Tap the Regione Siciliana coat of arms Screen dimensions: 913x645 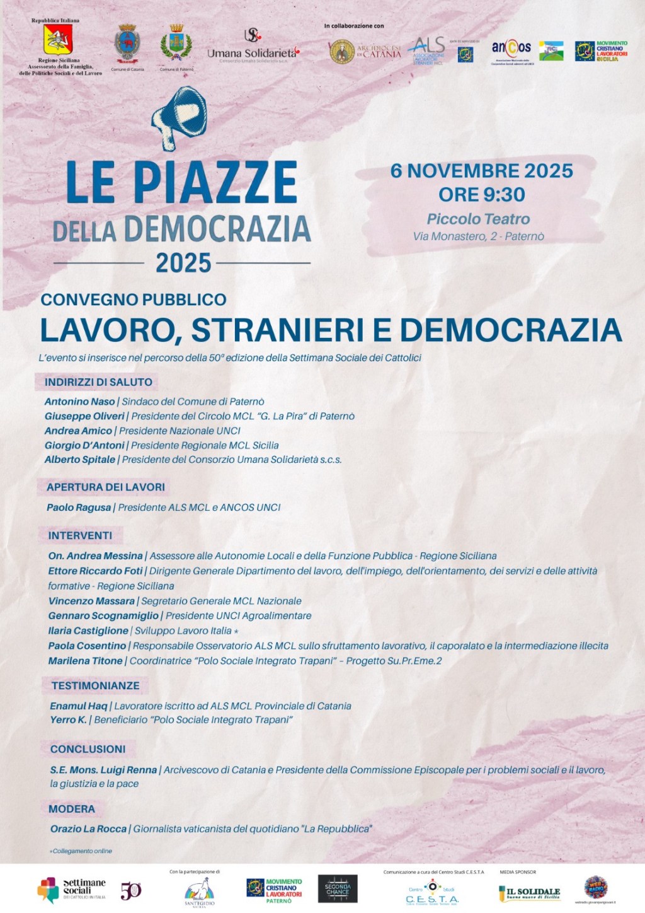pos(58,40)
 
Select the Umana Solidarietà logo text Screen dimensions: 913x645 pos(252,53)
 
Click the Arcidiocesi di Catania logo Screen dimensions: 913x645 pos(365,51)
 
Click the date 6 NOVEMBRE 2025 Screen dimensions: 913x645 pos(481,171)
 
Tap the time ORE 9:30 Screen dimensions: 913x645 pos(481,195)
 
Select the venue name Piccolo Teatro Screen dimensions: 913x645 pos(478,219)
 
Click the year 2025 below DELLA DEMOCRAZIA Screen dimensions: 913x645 pos(183,263)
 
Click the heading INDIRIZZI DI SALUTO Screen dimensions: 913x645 pos(98,382)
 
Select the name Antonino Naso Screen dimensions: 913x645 pos(79,402)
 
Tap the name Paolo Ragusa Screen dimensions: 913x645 pos(79,508)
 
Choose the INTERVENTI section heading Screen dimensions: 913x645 pos(80,535)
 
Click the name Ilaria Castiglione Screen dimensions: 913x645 pos(88,631)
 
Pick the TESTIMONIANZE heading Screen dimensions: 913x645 pos(95,685)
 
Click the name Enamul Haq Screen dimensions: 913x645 pos(79,706)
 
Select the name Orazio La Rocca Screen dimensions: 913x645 pos(88,829)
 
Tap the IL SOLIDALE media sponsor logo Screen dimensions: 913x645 pos(529,893)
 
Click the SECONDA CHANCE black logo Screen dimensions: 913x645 pos(338,889)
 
